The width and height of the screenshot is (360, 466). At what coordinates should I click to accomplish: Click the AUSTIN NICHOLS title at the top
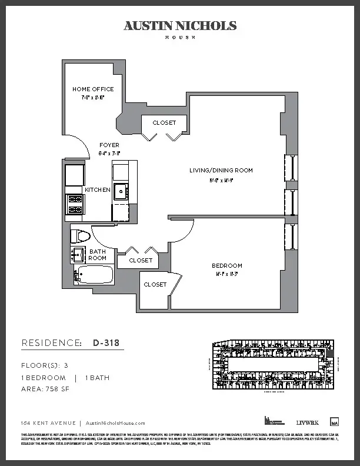click(180, 26)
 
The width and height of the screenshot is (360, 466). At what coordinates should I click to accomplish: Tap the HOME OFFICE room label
click(93, 89)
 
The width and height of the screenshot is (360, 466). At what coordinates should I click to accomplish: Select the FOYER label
click(109, 145)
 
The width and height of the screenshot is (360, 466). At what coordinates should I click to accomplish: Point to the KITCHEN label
click(97, 190)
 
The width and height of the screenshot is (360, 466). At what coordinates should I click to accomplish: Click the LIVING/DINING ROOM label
click(221, 171)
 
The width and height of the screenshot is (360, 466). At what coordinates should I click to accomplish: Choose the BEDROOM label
click(227, 266)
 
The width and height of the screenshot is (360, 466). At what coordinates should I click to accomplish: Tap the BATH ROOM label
click(98, 255)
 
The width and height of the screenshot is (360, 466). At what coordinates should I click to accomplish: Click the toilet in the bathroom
click(79, 237)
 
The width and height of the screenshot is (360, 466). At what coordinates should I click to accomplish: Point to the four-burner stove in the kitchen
click(75, 204)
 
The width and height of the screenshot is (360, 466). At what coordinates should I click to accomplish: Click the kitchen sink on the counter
click(121, 191)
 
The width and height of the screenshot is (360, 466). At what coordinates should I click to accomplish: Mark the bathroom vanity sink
click(78, 255)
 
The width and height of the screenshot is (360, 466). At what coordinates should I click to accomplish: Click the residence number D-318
click(108, 342)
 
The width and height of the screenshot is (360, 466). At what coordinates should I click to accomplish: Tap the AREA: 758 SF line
click(45, 390)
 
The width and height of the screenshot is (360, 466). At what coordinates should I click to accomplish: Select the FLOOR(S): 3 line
click(45, 365)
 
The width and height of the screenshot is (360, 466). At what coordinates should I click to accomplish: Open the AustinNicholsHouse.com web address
click(115, 423)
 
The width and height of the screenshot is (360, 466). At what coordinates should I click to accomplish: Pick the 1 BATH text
click(98, 378)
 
